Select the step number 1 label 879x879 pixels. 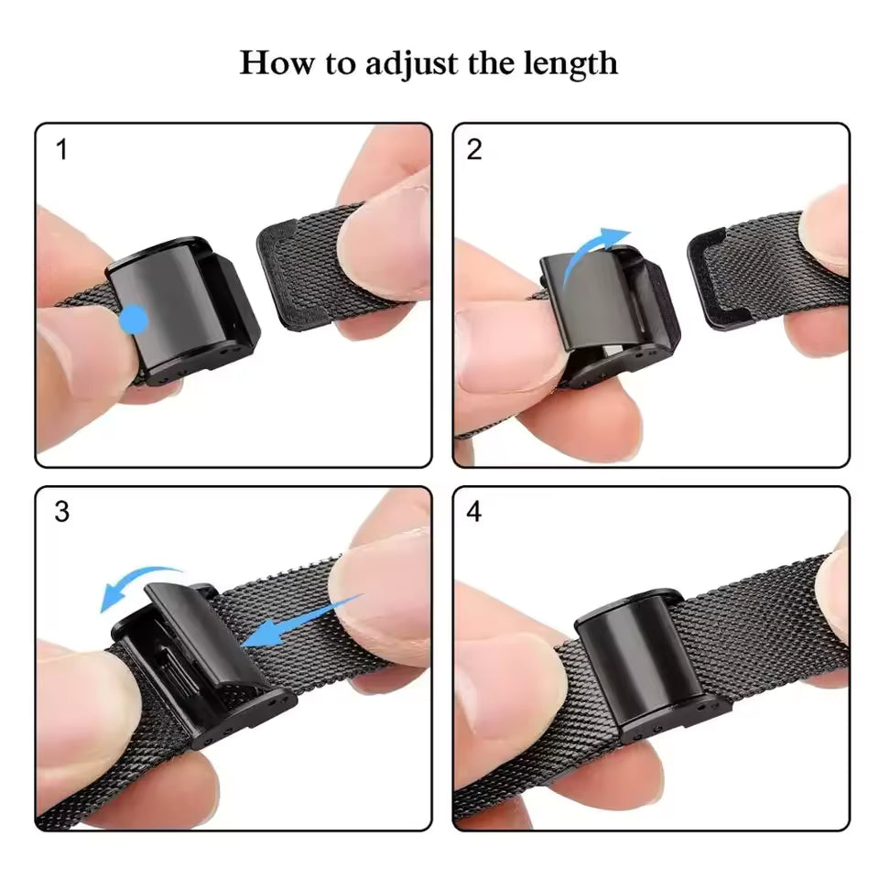click(x=61, y=150)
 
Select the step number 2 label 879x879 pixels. click(x=474, y=150)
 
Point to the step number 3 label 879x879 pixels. click(x=61, y=513)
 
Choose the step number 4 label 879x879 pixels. click(x=474, y=513)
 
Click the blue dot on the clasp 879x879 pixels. click(x=135, y=320)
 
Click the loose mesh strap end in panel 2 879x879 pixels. click(x=732, y=275)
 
